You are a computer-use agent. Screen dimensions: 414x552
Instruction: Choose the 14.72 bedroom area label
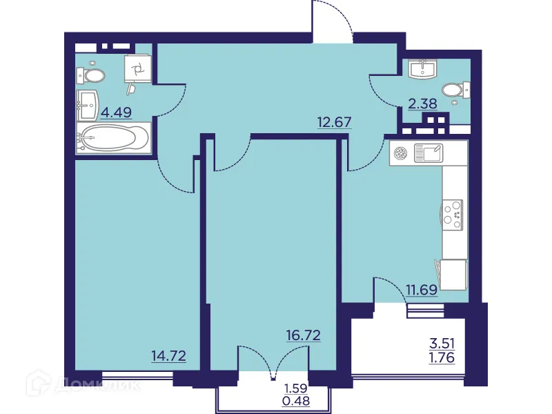(x=169, y=356)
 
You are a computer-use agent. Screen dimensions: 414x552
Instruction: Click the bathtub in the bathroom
(x=112, y=139)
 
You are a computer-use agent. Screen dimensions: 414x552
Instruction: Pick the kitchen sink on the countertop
(x=426, y=153)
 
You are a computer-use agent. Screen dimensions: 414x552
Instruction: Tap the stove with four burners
(x=453, y=214)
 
